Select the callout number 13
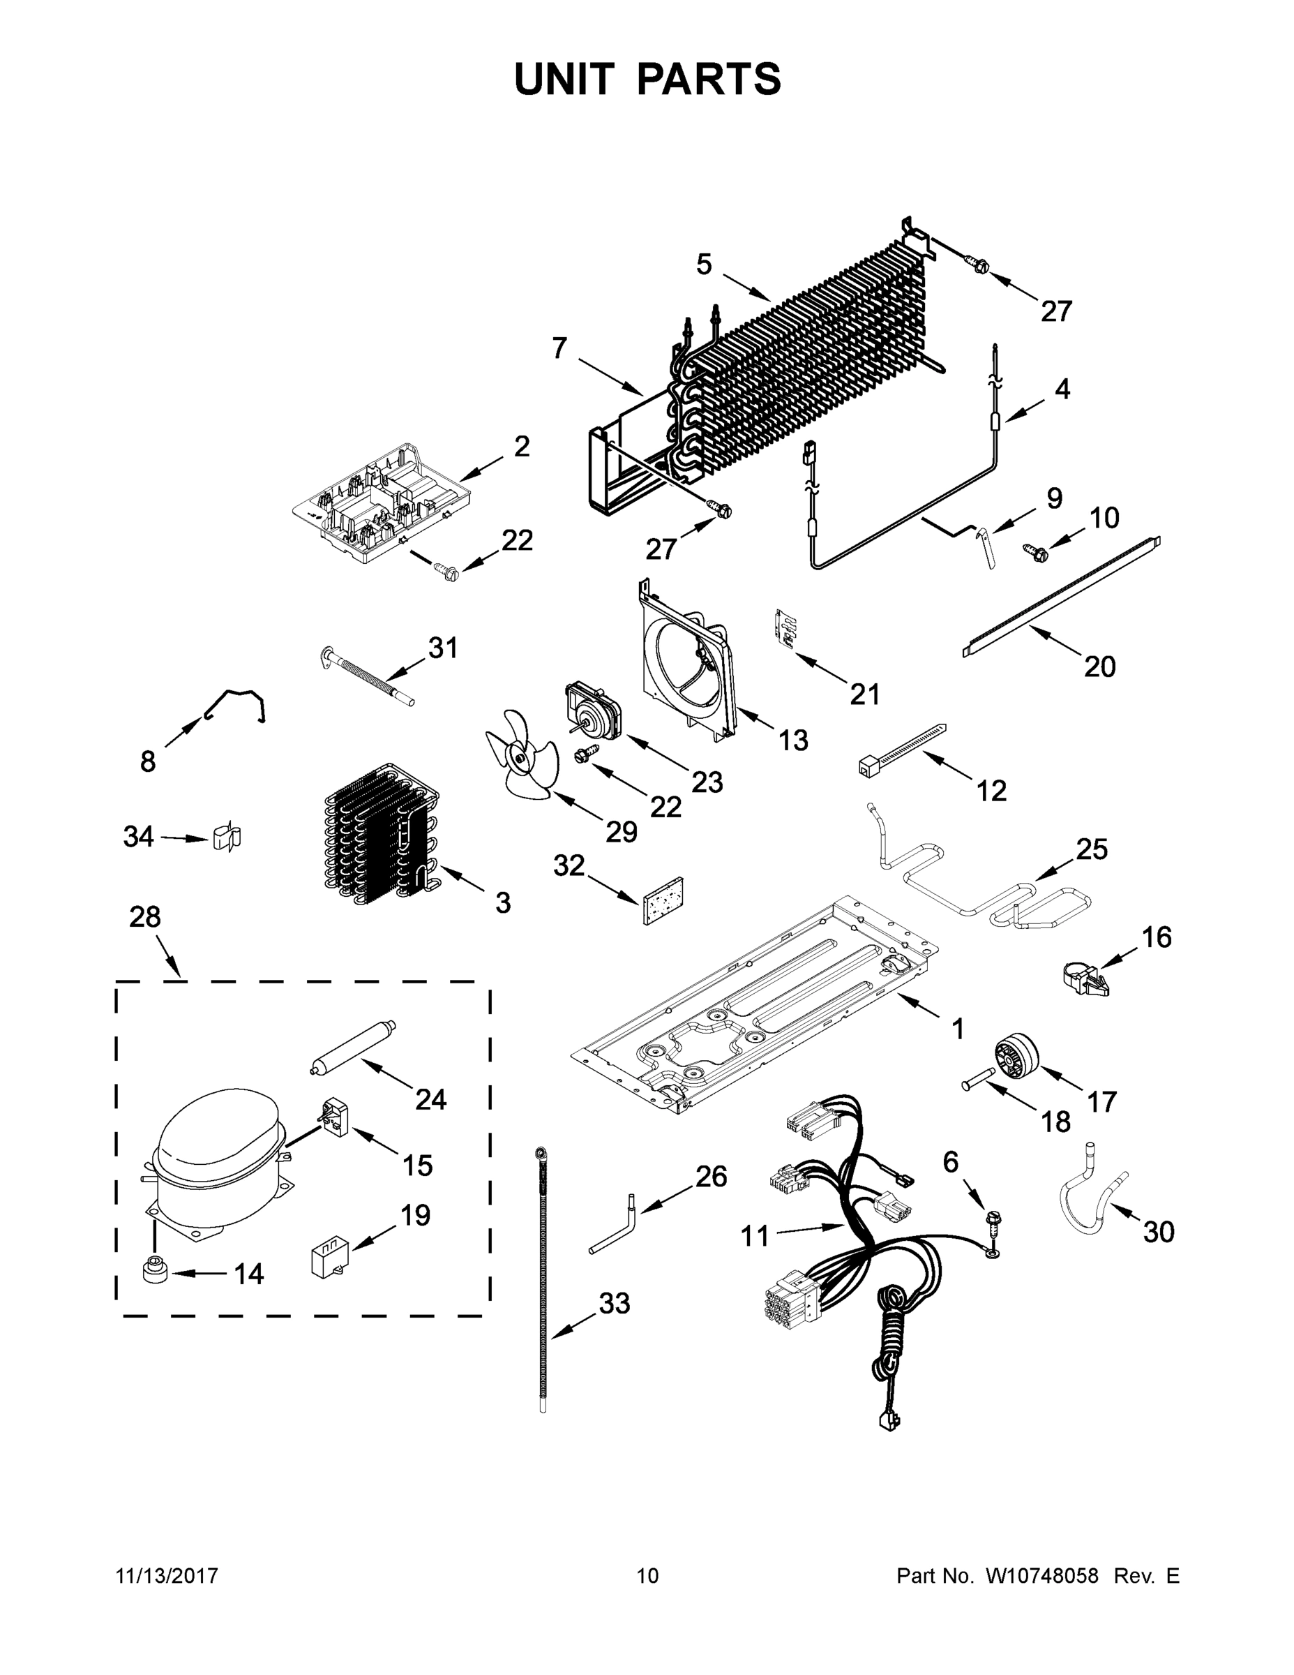pos(793,740)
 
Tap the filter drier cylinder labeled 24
pos(352,1045)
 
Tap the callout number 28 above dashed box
pos(145,916)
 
